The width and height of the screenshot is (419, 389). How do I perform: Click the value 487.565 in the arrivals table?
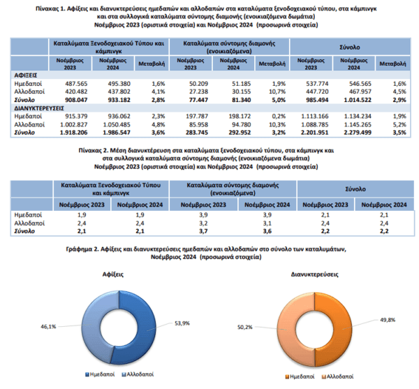click(76, 84)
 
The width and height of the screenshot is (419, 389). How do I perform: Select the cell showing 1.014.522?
click(358, 100)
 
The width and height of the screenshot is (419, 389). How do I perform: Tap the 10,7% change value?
click(277, 91)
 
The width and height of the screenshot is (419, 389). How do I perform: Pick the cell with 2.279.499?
click(358, 133)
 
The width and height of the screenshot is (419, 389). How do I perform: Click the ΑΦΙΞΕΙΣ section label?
click(26, 75)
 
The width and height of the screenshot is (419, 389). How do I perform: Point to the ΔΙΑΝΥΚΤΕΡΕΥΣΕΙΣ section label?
click(39, 108)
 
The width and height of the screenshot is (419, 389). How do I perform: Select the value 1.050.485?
click(117, 124)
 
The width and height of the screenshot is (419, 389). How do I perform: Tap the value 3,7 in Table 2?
click(203, 231)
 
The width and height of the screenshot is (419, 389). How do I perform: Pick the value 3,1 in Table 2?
click(267, 223)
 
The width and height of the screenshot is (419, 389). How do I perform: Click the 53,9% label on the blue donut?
click(182, 323)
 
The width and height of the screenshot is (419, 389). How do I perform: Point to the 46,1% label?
click(48, 326)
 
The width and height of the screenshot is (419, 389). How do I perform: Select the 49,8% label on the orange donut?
click(388, 320)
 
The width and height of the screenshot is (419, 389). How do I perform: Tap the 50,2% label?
click(245, 328)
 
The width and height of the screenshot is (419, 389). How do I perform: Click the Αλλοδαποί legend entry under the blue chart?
click(138, 374)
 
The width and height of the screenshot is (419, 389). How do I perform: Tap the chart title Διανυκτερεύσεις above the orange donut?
click(314, 274)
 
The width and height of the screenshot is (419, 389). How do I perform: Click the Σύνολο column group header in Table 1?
click(350, 47)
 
